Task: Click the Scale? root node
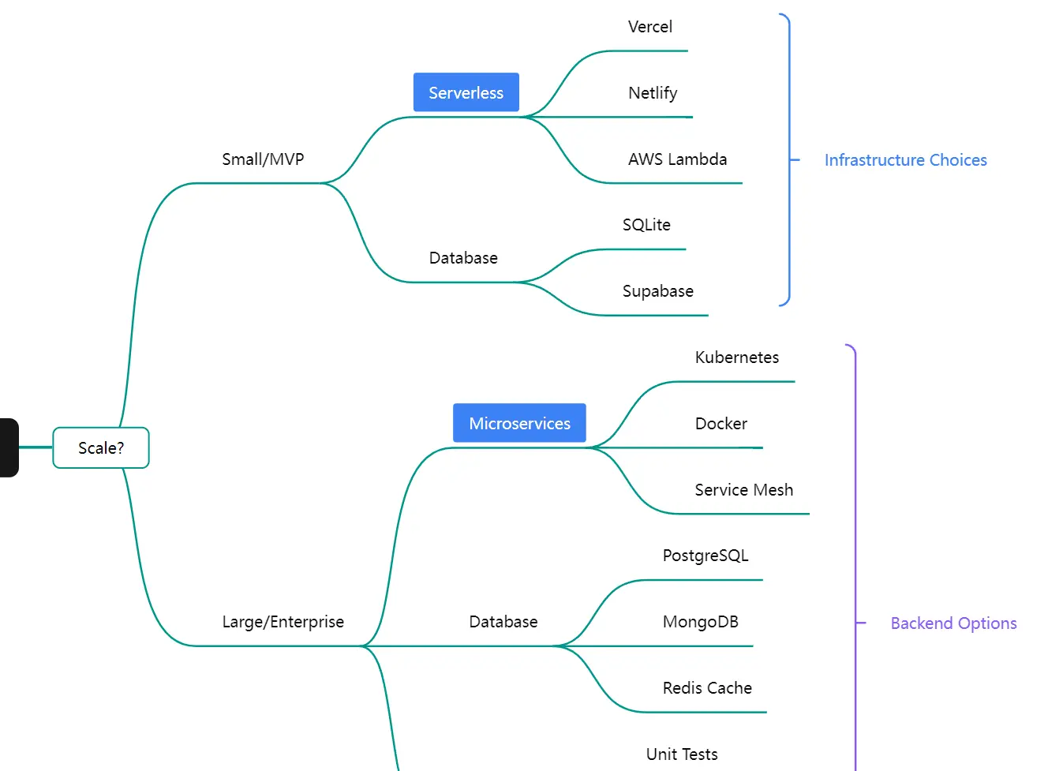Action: pyautogui.click(x=101, y=447)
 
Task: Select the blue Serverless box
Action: pyautogui.click(x=466, y=92)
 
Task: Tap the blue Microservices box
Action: pyautogui.click(x=519, y=423)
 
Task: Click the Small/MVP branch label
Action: pyautogui.click(x=263, y=159)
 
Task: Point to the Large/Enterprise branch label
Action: pyautogui.click(x=283, y=622)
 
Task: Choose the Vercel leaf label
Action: pyautogui.click(x=649, y=27)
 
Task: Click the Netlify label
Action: pyautogui.click(x=653, y=93)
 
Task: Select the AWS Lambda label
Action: pyautogui.click(x=677, y=159)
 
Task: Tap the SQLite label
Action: pyautogui.click(x=646, y=225)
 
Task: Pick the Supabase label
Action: pyautogui.click(x=657, y=291)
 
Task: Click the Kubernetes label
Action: pyautogui.click(x=736, y=357)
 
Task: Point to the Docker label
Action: pyautogui.click(x=720, y=424)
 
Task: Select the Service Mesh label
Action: pyautogui.click(x=743, y=490)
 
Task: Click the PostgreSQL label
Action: pyautogui.click(x=705, y=556)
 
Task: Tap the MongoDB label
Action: pyautogui.click(x=700, y=622)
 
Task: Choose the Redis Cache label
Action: pyautogui.click(x=707, y=688)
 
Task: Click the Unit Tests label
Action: pyautogui.click(x=682, y=754)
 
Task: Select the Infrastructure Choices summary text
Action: pyautogui.click(x=905, y=160)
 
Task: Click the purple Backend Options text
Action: pyautogui.click(x=953, y=623)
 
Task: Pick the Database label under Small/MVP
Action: pyautogui.click(x=463, y=258)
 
